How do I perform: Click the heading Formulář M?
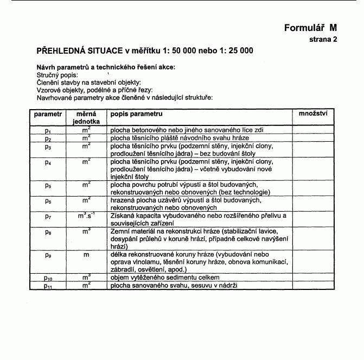[x=310, y=28]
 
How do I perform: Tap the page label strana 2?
[x=323, y=40]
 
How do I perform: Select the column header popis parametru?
[x=136, y=114]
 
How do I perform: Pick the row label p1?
[x=48, y=131]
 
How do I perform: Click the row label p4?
[x=48, y=162]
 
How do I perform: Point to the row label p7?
[x=48, y=217]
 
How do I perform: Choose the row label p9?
[x=48, y=255]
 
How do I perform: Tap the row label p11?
[x=48, y=286]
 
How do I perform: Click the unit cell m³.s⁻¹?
[x=86, y=217]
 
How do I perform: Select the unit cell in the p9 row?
[x=86, y=254]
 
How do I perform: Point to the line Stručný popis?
[x=57, y=75]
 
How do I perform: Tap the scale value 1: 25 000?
[x=231, y=52]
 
